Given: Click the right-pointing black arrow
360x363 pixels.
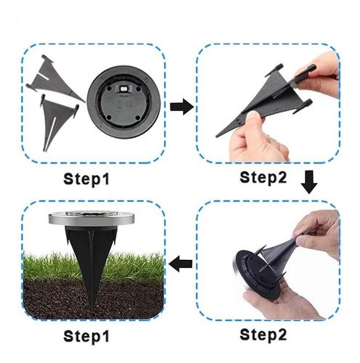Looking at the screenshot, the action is pos(181,107).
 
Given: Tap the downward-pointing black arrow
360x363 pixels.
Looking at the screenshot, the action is pos(309,182).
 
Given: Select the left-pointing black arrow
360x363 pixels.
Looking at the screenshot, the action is pos(180,264).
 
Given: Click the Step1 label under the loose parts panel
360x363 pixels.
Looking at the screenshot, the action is pos(86,179).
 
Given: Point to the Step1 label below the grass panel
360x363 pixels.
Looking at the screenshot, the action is pos(86,337).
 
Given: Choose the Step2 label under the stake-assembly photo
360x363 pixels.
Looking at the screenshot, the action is pos(263,178).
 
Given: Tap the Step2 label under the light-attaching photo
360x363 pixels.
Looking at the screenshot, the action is pos(263,335).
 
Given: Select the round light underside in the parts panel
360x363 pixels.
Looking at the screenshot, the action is pos(123,102).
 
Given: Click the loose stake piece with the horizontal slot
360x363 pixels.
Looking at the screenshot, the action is pos(55,78).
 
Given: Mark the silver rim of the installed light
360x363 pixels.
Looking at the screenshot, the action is pos(91,219).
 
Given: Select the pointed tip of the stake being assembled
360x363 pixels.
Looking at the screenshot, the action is pos(217,136).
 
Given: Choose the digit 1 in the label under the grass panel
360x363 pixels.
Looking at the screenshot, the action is pos(105,335).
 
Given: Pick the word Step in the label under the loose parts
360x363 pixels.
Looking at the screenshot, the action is pos(81,179).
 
